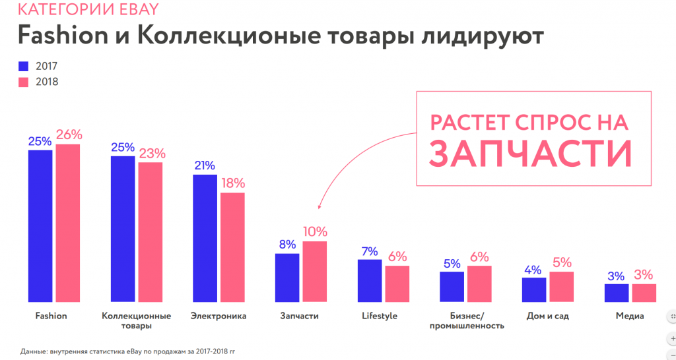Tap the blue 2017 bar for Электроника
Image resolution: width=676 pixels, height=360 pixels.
pos(205,238)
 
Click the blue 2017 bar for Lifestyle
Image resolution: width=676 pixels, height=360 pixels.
pos(370,281)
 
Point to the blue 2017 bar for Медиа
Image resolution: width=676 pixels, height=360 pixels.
pos(616,293)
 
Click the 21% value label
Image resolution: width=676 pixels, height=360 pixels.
pos(205,165)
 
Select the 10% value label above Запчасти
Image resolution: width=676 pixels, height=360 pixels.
pos(315,232)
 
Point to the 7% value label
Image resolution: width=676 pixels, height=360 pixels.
pos(370,251)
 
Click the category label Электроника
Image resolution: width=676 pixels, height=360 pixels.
pos(218,316)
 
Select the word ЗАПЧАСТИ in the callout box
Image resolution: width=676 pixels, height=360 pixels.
pos(530,152)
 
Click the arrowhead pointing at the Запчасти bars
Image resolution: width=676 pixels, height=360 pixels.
pos(318,207)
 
